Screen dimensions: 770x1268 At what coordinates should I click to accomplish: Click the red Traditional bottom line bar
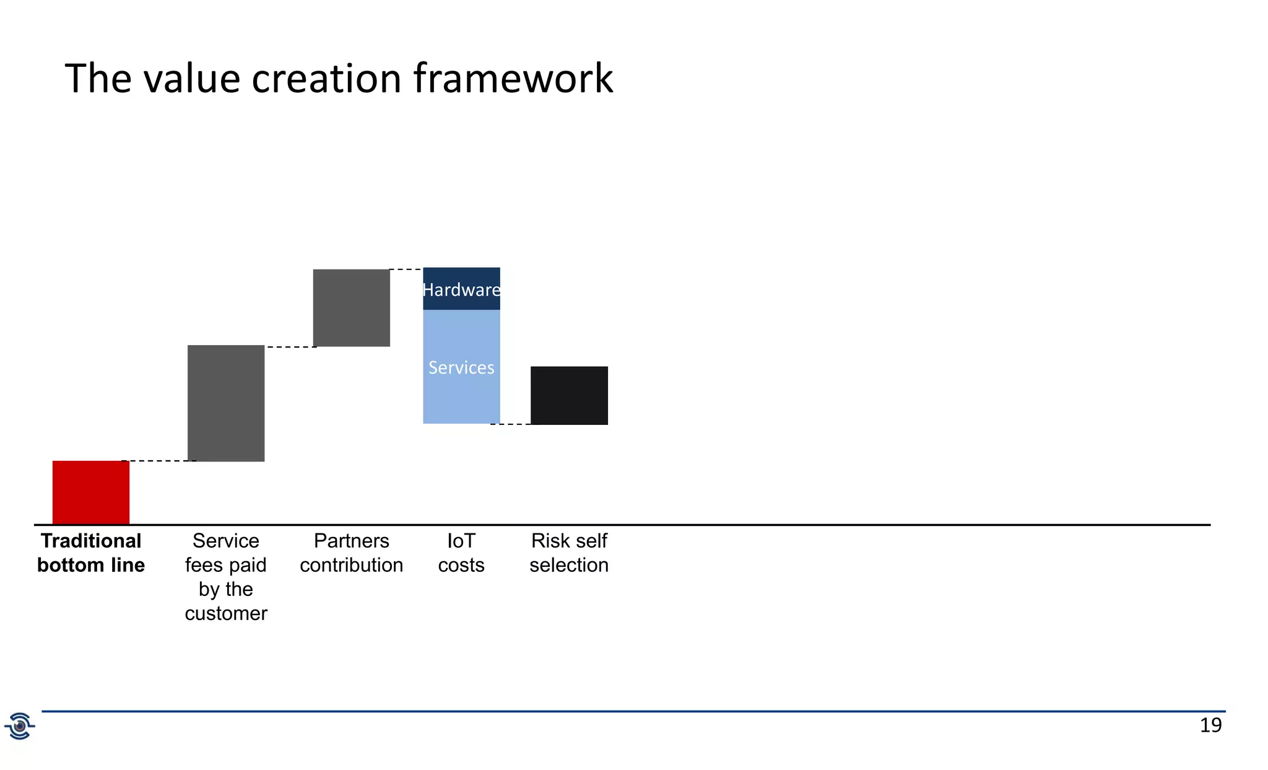coord(91,492)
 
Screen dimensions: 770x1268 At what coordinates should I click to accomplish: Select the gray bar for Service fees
coord(226,403)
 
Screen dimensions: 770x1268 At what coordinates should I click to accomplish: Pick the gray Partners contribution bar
coord(351,308)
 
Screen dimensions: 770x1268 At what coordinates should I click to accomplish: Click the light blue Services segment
coord(461,396)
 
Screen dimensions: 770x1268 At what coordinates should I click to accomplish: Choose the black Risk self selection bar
coord(569,395)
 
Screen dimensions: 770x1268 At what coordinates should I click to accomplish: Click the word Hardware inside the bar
coord(461,290)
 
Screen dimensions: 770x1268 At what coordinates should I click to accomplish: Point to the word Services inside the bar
coord(461,368)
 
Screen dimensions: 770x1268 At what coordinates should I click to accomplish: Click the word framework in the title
coord(513,79)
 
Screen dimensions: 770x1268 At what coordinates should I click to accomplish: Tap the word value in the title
coord(191,79)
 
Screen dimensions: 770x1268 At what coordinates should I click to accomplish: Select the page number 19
coord(1210,725)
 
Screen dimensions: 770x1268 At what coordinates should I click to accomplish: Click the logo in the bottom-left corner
coord(20,726)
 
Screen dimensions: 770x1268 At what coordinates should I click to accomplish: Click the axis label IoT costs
coord(461,553)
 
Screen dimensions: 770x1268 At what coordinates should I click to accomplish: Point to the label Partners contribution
coord(351,553)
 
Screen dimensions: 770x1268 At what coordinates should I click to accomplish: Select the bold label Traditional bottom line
coord(91,553)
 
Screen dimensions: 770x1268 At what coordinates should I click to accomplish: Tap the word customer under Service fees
coord(226,613)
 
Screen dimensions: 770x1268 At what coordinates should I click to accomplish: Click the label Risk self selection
coord(569,553)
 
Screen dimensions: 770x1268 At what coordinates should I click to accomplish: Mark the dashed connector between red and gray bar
coord(158,461)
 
